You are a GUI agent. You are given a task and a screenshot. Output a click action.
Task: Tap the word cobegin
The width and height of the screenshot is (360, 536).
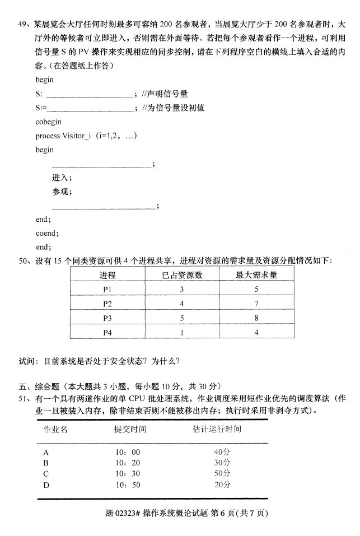[48, 122]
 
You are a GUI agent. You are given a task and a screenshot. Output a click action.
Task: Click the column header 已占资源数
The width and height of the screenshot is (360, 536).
[182, 275]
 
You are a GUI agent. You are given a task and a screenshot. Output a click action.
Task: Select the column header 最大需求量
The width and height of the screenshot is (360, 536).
[256, 275]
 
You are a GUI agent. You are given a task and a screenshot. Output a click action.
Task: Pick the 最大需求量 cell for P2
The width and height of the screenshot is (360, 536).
[256, 304]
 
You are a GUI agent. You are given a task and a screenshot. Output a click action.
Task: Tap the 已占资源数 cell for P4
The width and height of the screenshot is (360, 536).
[182, 332]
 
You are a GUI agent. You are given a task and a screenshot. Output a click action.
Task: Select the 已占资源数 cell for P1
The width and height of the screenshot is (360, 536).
[182, 290]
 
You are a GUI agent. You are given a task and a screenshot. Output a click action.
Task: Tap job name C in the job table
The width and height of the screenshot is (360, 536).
[46, 473]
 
